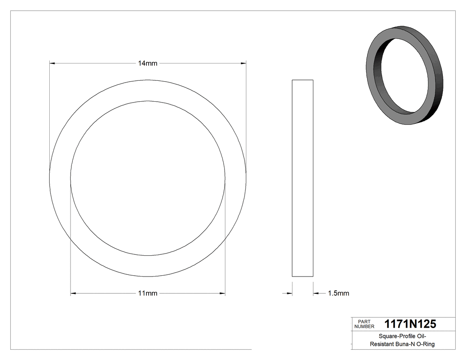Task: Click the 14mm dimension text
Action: coord(147,63)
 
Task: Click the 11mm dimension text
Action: coord(147,293)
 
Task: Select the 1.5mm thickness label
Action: coord(338,293)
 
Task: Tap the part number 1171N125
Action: coord(410,324)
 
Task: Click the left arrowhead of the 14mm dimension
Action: coord(52,63)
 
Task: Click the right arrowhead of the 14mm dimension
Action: coord(243,63)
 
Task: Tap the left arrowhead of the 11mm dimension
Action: coord(74,293)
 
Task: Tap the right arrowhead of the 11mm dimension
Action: coord(222,293)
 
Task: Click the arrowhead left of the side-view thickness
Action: coord(289,293)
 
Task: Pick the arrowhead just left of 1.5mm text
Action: coord(316,293)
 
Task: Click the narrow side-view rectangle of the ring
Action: coord(302,178)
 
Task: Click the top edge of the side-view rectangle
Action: coord(302,80)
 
